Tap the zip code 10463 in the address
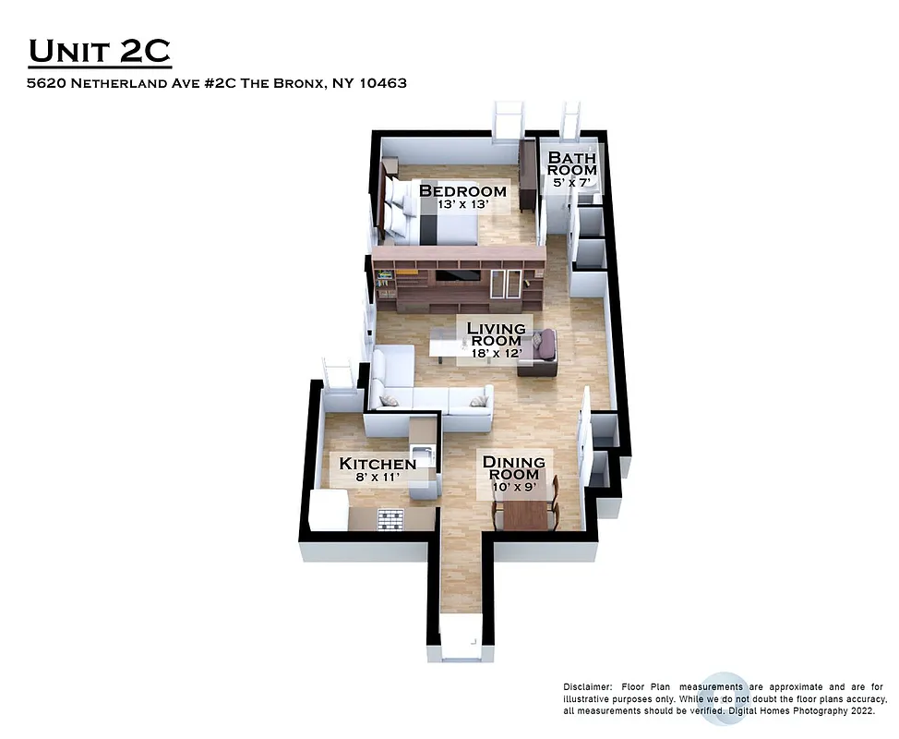click(384, 83)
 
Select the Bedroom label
click(462, 191)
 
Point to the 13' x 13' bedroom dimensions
click(462, 205)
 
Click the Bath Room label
click(572, 164)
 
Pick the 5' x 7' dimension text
click(571, 183)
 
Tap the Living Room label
click(496, 334)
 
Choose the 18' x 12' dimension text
click(496, 353)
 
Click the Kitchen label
click(378, 464)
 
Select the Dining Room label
click(513, 468)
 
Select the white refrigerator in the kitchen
click(328, 510)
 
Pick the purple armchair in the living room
click(543, 349)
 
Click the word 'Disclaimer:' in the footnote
click(587, 687)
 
